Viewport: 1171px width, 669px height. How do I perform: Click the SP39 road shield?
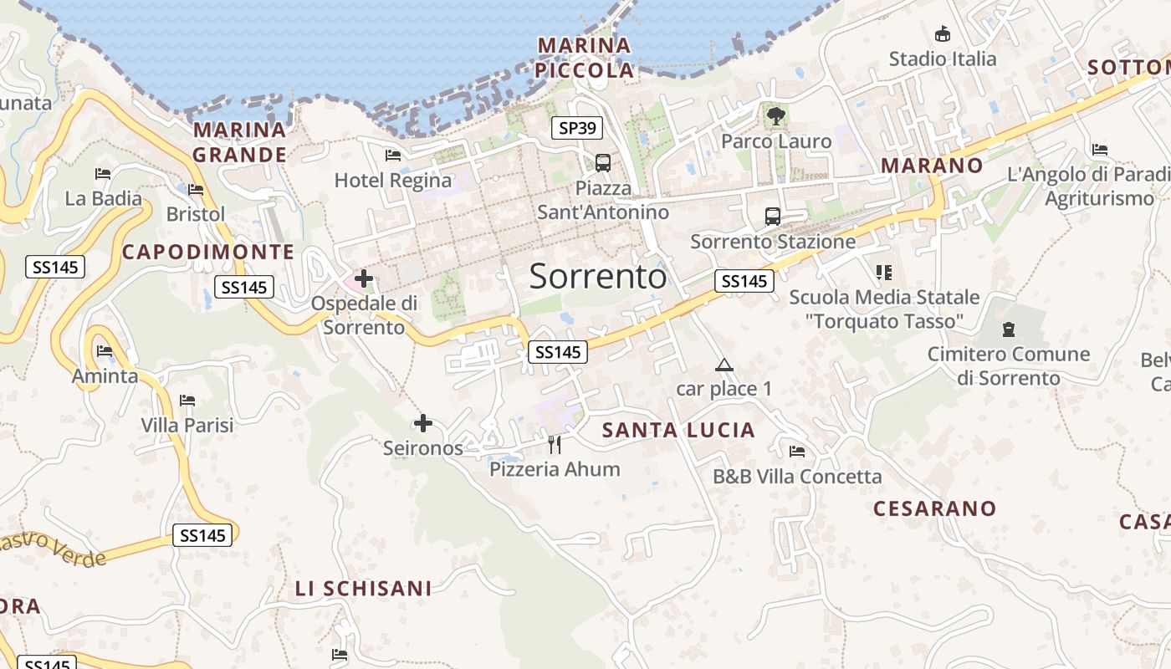tap(577, 128)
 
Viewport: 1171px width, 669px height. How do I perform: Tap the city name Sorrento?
tap(598, 276)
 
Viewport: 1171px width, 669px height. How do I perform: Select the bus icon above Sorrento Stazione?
tap(773, 217)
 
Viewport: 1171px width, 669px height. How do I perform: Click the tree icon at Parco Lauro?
tap(776, 115)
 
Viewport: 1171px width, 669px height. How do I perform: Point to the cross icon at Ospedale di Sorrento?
tap(364, 278)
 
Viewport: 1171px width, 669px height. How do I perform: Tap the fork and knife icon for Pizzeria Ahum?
tap(554, 444)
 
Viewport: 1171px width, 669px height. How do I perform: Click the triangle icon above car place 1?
tap(724, 365)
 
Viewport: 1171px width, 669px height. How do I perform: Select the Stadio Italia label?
tap(943, 59)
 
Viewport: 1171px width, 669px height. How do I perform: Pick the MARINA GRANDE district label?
tap(240, 142)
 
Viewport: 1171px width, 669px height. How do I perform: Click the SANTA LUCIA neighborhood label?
tap(678, 430)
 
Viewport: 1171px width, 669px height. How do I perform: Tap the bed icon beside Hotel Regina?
tap(393, 156)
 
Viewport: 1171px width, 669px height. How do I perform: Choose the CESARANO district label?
tap(935, 508)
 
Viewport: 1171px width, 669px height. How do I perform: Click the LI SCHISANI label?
tap(363, 588)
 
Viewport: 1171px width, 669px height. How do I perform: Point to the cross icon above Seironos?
tap(423, 423)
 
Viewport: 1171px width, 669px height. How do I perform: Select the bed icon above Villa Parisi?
tap(187, 401)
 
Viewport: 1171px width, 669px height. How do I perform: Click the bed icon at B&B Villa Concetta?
tap(797, 452)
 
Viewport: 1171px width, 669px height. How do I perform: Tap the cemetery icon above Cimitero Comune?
tap(1008, 329)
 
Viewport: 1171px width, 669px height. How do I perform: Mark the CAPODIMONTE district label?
tap(208, 252)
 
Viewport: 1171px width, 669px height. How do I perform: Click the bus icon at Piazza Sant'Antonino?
tap(602, 162)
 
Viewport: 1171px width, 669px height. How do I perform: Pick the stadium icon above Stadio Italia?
tap(943, 33)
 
